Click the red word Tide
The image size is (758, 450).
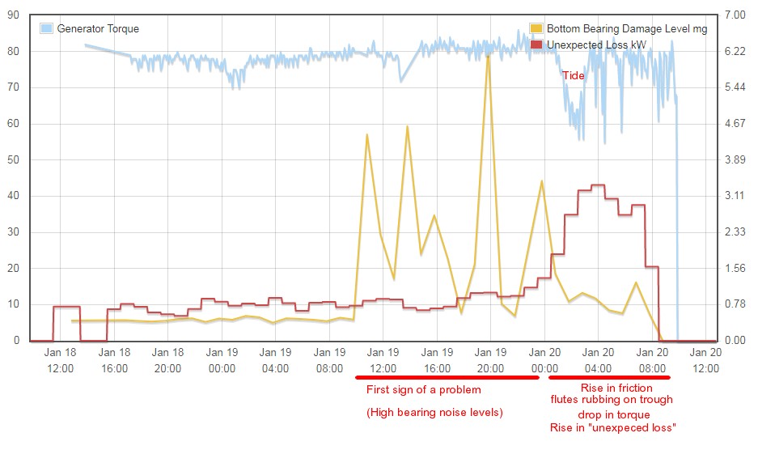573,75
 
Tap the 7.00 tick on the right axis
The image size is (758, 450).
734,15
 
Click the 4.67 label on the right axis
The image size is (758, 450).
734,124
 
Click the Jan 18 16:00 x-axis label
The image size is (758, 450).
114,360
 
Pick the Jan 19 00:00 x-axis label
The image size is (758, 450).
222,360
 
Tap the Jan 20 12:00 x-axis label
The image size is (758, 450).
705,360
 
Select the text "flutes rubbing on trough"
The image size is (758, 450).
612,400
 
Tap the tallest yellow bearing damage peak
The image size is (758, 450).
488,55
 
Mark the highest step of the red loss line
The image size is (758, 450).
598,185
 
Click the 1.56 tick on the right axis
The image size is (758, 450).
734,268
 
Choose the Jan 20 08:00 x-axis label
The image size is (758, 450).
651,360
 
